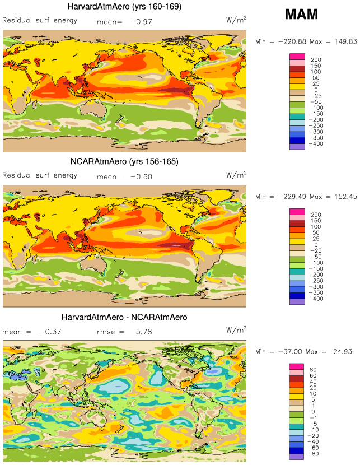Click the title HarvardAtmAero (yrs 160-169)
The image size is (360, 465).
[x=124, y=7]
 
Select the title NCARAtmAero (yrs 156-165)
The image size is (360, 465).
[x=124, y=162]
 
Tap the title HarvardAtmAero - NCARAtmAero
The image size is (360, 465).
[x=124, y=317]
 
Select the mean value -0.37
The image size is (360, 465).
[x=50, y=332]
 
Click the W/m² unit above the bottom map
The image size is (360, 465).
[x=236, y=330]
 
